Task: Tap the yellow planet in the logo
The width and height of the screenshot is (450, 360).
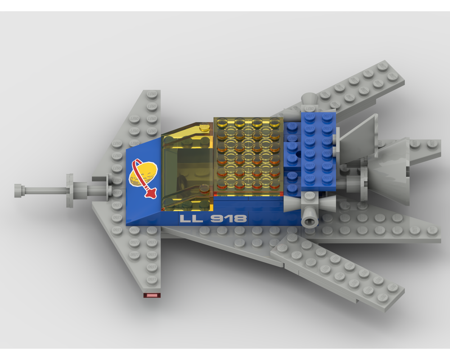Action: [140, 174]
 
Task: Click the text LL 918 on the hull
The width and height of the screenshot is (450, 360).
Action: [213, 219]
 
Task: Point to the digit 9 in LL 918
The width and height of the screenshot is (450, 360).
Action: [218, 219]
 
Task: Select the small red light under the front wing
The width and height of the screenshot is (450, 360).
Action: [152, 295]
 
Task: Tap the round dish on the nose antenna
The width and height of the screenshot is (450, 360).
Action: [70, 190]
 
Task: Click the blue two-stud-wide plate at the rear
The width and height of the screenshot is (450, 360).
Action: [318, 151]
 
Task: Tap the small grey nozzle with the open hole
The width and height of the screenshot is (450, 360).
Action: [310, 220]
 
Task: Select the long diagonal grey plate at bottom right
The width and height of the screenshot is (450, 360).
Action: [337, 272]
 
